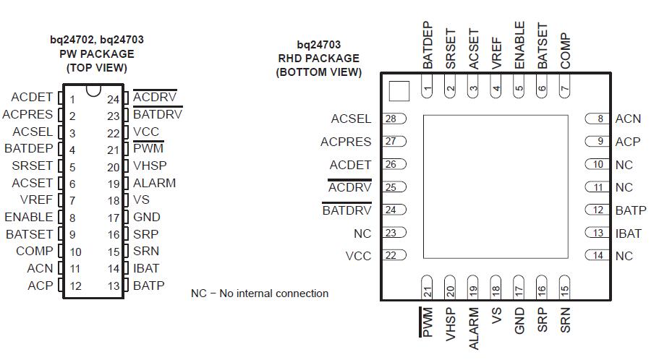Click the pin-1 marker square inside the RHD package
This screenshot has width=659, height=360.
[x=399, y=91]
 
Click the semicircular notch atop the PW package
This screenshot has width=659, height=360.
[x=93, y=90]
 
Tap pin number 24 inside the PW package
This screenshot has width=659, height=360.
[x=113, y=99]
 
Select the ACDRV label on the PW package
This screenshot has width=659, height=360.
[x=154, y=97]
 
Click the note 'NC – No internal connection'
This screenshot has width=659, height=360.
[x=260, y=293]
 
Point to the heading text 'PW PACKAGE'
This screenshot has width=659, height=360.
[x=96, y=54]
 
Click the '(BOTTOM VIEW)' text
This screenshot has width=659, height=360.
[x=318, y=72]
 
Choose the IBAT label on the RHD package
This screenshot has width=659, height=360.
[x=628, y=233]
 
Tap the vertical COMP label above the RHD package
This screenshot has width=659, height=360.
[x=565, y=51]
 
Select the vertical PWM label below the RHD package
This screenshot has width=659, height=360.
[x=428, y=322]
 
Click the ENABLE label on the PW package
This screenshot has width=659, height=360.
[x=28, y=217]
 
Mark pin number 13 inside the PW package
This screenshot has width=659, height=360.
[x=113, y=286]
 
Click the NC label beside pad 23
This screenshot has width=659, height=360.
[x=362, y=233]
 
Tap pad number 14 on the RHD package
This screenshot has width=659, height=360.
[x=598, y=255]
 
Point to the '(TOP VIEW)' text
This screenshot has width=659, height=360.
[x=96, y=68]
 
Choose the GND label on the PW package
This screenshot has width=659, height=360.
[x=146, y=217]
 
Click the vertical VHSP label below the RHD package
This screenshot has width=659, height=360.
[x=451, y=324]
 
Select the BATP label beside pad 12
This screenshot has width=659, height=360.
[x=630, y=210]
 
